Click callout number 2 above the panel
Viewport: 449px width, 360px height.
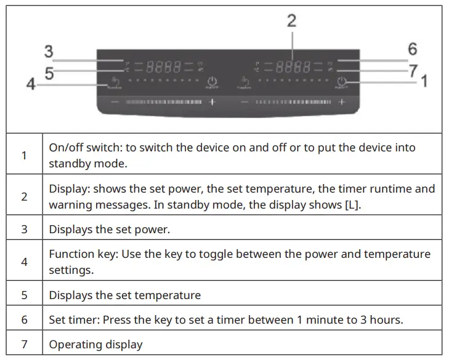point(291,21)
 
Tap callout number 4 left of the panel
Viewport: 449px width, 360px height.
point(31,84)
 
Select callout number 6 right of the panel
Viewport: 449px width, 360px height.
point(412,49)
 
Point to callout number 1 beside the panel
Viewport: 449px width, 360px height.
point(424,80)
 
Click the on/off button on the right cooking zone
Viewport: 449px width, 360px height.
point(342,82)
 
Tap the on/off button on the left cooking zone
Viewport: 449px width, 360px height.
point(212,82)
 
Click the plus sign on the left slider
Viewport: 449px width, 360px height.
point(212,101)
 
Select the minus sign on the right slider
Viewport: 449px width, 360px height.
point(245,101)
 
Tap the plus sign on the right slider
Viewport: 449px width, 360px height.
point(341,101)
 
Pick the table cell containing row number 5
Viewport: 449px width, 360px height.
point(25,295)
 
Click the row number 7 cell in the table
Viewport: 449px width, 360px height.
point(25,344)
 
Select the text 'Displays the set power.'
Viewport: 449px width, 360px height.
point(109,230)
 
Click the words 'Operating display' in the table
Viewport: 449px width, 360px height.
point(95,345)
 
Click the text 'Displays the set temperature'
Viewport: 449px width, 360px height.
point(125,295)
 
